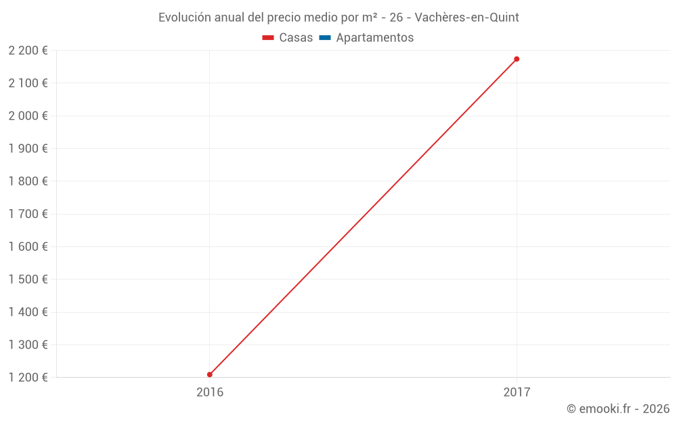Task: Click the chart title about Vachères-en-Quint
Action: pyautogui.click(x=338, y=18)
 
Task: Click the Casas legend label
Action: pyautogui.click(x=296, y=38)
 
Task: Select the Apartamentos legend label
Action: pyautogui.click(x=374, y=38)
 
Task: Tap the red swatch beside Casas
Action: pyautogui.click(x=268, y=38)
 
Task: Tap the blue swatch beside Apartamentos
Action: pyautogui.click(x=325, y=38)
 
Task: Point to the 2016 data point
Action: pyautogui.click(x=210, y=374)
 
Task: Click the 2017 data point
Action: pyautogui.click(x=517, y=59)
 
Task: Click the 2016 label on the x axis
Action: pyautogui.click(x=210, y=392)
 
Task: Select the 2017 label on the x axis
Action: pyautogui.click(x=517, y=392)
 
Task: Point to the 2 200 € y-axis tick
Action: pyautogui.click(x=28, y=51)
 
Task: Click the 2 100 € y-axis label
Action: pyautogui.click(x=28, y=83)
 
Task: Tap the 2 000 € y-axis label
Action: pyautogui.click(x=28, y=116)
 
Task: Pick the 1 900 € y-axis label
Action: pyautogui.click(x=28, y=149)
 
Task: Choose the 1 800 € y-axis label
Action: pyautogui.click(x=28, y=181)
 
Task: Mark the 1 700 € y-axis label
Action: pyautogui.click(x=28, y=214)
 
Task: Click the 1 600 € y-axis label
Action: pyautogui.click(x=28, y=246)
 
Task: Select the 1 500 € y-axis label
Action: pyautogui.click(x=28, y=280)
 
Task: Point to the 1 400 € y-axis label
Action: pyautogui.click(x=28, y=312)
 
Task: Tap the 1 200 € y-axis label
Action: pyautogui.click(x=28, y=377)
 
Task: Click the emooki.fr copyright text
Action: pyautogui.click(x=617, y=409)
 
